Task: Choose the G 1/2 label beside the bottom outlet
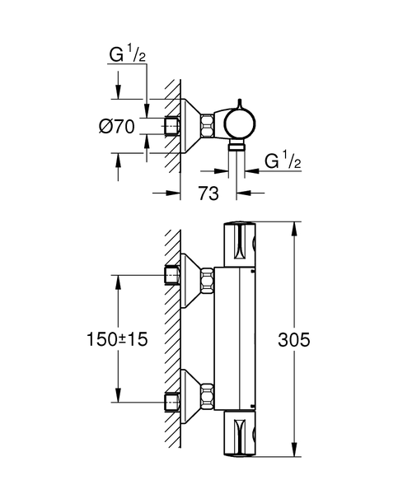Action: click(283, 161)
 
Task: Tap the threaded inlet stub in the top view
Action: click(172, 127)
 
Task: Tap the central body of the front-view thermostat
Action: click(238, 338)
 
